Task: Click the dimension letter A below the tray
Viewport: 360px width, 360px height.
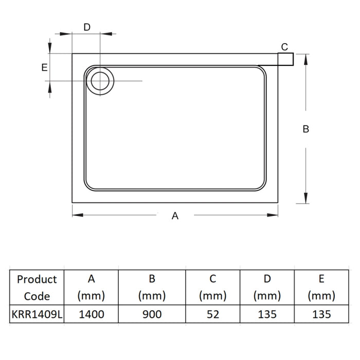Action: pyautogui.click(x=175, y=216)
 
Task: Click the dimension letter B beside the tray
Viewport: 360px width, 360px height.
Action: pyautogui.click(x=306, y=129)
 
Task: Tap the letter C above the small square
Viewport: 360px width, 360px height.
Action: pyautogui.click(x=284, y=47)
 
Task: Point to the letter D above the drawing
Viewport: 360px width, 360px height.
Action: pyautogui.click(x=87, y=27)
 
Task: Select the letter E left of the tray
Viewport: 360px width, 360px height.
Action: pyautogui.click(x=45, y=67)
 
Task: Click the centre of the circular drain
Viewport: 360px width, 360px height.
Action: pyautogui.click(x=100, y=81)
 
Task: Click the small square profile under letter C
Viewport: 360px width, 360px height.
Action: pyautogui.click(x=285, y=59)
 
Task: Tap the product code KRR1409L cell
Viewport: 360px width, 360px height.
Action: pyautogui.click(x=37, y=314)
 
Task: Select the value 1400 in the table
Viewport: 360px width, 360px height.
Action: pyautogui.click(x=92, y=314)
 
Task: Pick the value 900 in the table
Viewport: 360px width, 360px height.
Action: pyautogui.click(x=152, y=314)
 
